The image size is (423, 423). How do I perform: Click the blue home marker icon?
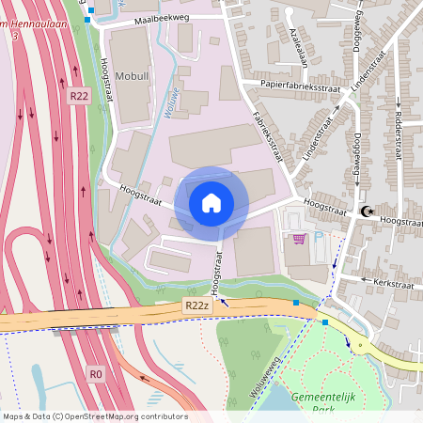211,203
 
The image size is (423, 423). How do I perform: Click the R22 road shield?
79,95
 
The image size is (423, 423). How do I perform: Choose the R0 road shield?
95,373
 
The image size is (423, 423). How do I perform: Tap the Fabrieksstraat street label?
270,136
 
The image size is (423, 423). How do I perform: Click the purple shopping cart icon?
299,239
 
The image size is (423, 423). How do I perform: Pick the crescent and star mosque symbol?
367,212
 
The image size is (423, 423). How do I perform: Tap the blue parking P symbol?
318,238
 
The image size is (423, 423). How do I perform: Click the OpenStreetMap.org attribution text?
138,416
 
